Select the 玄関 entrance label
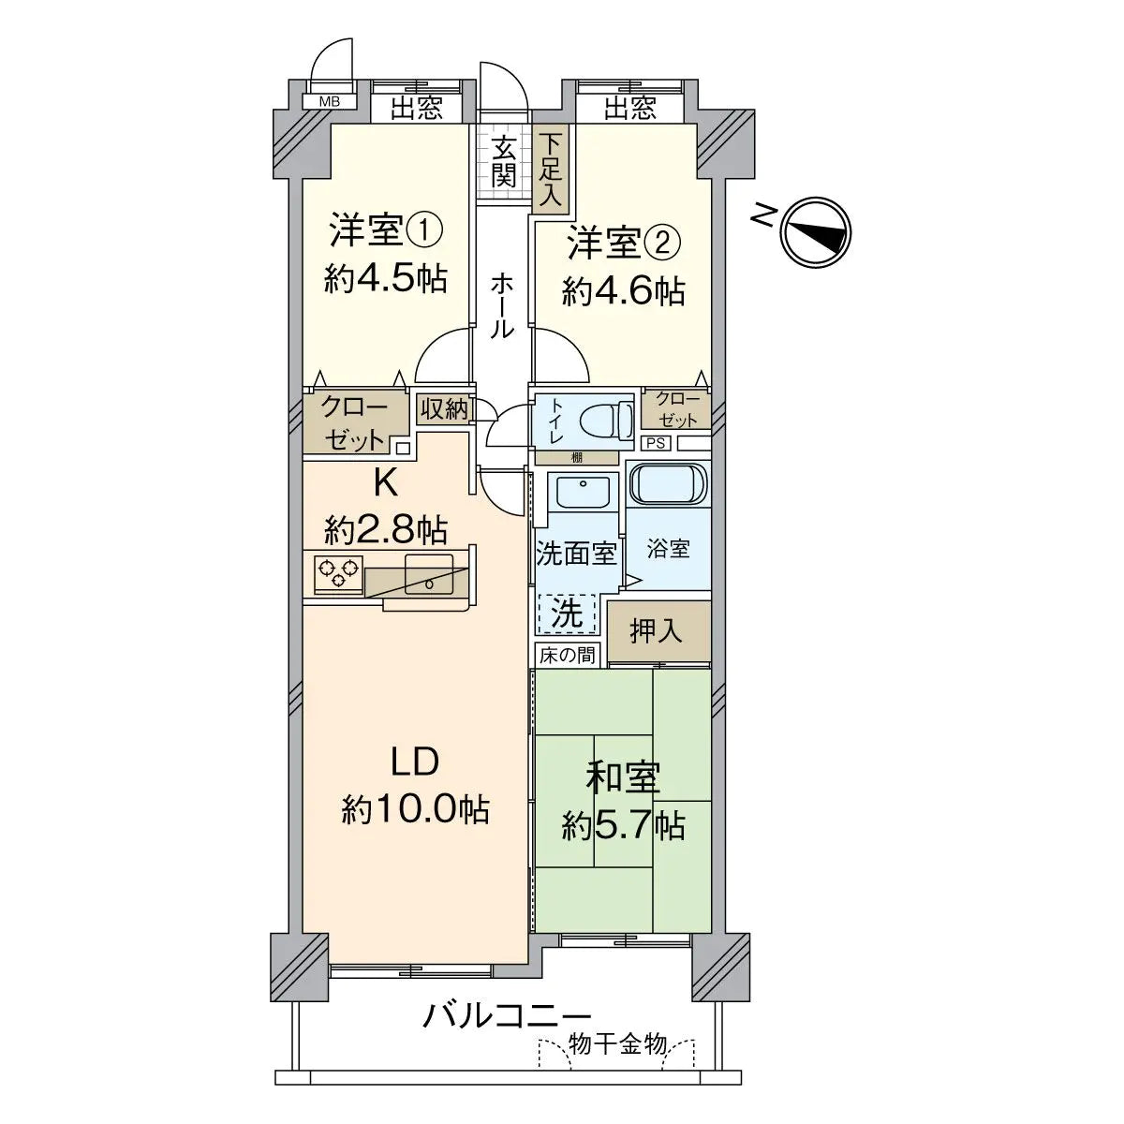(504, 161)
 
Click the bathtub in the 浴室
(668, 484)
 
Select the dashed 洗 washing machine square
(567, 614)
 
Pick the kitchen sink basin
(429, 574)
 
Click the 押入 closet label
(657, 631)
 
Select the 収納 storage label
(443, 409)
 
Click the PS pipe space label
(656, 443)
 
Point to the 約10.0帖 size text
(415, 807)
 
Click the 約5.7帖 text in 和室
(623, 825)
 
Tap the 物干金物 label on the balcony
(618, 1044)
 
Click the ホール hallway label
(503, 304)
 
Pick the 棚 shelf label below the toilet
(575, 458)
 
